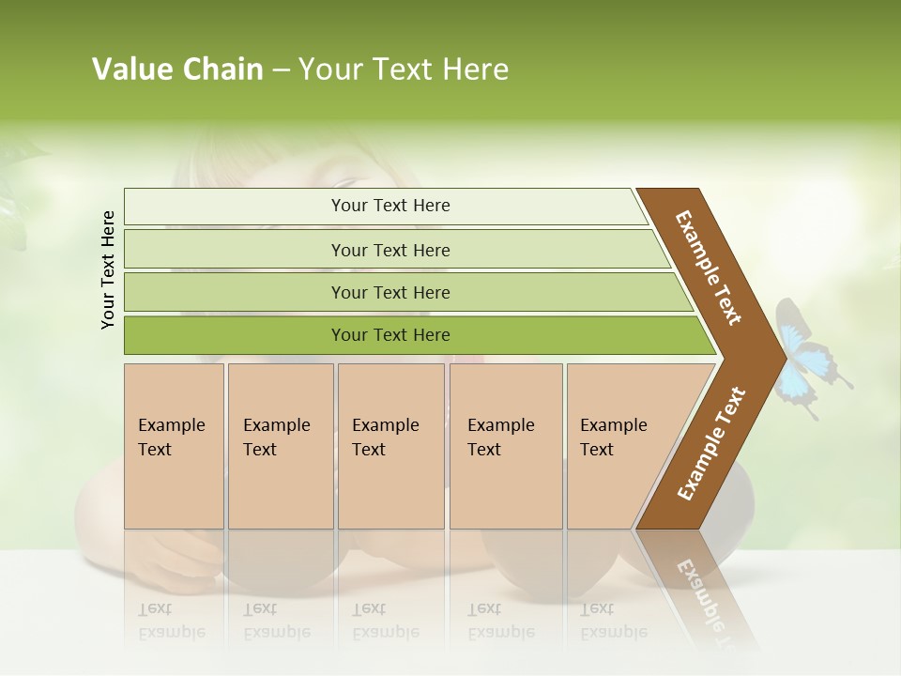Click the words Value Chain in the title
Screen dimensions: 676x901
pos(177,69)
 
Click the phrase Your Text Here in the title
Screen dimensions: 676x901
pos(404,69)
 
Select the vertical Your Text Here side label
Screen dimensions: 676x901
pos(108,270)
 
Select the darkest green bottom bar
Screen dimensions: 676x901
pos(235,335)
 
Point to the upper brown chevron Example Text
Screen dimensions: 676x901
pos(709,268)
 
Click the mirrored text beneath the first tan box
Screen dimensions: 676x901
pos(172,621)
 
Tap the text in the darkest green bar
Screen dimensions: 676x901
pos(390,335)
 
